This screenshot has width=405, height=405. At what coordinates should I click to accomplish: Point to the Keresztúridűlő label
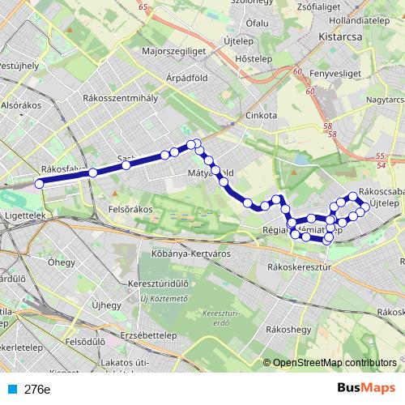pyautogui.click(x=159, y=285)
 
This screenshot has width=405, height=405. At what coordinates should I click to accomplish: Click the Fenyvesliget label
pyautogui.click(x=334, y=74)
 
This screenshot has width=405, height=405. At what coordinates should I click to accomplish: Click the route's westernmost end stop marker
pyautogui.click(x=39, y=182)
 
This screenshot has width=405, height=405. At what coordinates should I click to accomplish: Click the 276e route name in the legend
pyautogui.click(x=36, y=389)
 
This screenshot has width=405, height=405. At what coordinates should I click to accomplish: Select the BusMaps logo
pyautogui.click(x=367, y=388)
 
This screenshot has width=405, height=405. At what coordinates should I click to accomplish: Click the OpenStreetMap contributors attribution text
pyautogui.click(x=335, y=362)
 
